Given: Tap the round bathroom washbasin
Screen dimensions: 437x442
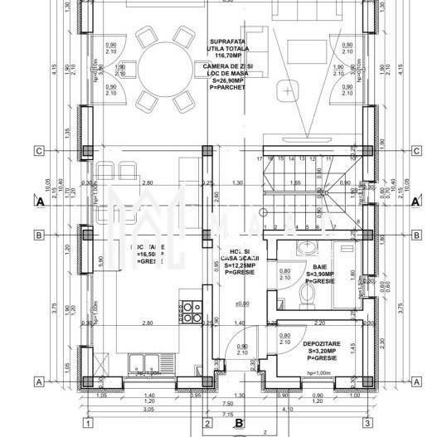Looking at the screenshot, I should tap(304, 246).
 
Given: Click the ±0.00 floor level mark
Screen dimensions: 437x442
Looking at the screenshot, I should tap(242, 303).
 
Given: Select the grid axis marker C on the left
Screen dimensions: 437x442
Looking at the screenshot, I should tap(38, 151).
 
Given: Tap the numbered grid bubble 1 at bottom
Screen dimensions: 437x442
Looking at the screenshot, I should tap(88, 423).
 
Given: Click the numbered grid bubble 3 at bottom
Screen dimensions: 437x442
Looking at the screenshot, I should tap(366, 423).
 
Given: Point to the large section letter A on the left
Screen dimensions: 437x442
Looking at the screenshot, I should tap(38, 201).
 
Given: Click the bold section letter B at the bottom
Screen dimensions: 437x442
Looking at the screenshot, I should tap(239, 423).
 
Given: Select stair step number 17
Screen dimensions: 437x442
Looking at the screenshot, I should tap(260, 158).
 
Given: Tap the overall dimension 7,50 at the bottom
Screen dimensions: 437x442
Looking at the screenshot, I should tap(226, 403).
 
